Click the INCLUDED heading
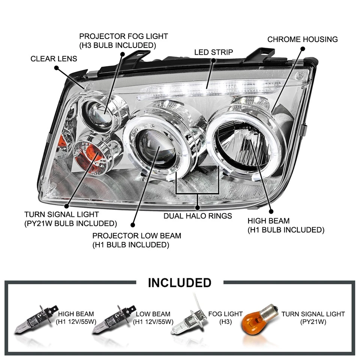180,282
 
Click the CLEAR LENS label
54,59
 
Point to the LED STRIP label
213,52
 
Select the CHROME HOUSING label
302,39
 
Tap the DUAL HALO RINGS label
198,216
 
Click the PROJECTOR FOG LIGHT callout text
123,40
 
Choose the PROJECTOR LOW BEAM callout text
136,240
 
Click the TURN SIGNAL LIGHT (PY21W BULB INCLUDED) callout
70,219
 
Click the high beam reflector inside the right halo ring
246,144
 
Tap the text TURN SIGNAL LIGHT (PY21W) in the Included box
313,318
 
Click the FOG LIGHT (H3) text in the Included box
226,318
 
